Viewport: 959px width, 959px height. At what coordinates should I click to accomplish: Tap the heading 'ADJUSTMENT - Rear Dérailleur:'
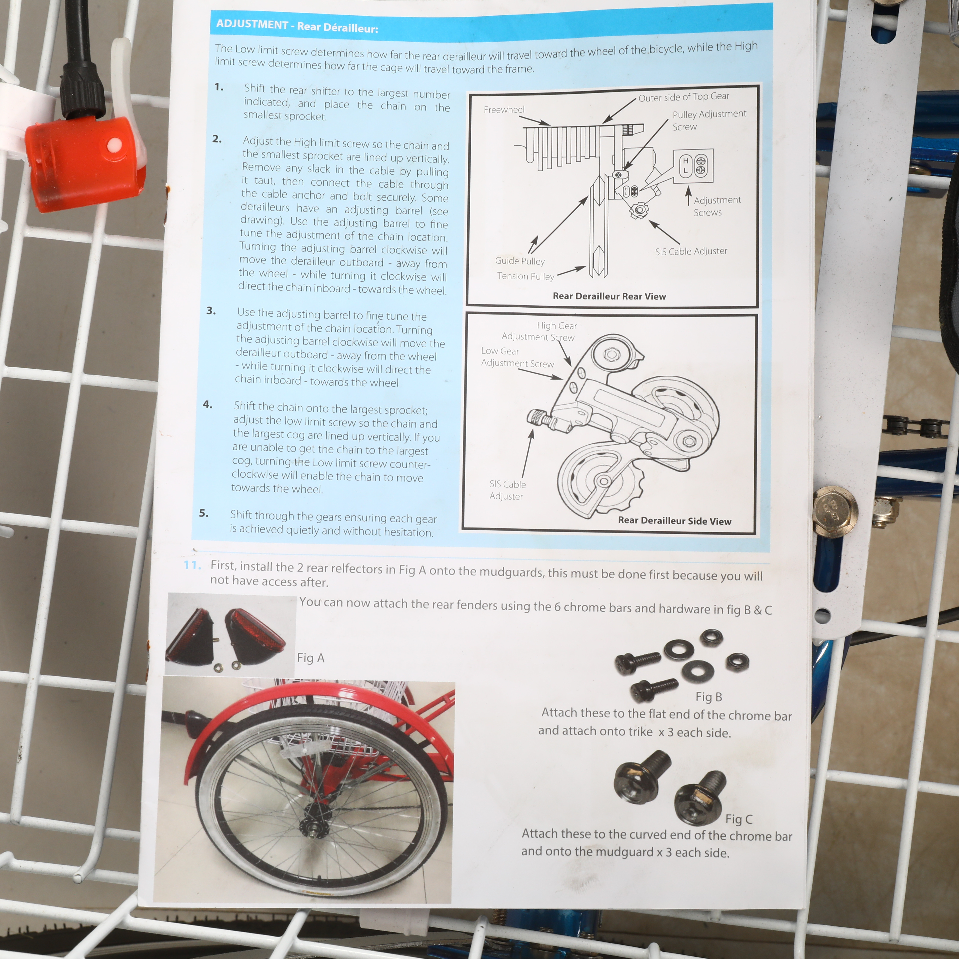297,26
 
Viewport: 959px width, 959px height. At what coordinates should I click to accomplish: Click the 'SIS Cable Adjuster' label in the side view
507,490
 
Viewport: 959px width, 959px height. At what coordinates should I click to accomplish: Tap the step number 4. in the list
207,405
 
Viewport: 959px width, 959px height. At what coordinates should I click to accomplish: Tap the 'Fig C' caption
739,819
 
